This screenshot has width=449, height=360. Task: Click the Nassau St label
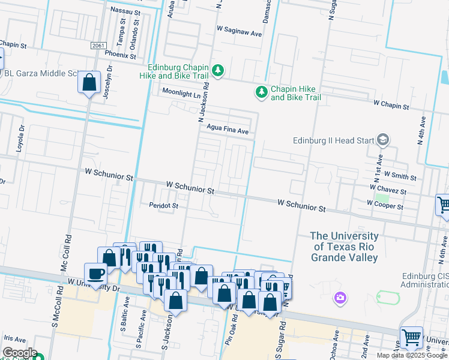coord(125,10)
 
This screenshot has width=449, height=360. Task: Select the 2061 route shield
coord(99,46)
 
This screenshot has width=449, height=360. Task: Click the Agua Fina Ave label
coord(227,130)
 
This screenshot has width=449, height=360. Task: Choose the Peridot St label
coord(164,206)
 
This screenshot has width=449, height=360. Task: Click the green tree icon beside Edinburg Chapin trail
coord(218,71)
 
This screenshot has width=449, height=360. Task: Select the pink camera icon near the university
coord(341,297)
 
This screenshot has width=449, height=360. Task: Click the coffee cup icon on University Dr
coord(95,274)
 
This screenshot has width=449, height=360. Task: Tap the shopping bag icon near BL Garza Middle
coord(89,82)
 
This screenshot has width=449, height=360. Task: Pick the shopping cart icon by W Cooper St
coord(444,205)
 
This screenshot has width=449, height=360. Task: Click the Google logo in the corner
coord(19,353)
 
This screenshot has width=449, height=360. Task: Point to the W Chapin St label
coord(391,104)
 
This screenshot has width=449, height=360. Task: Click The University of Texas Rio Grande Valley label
coord(345,247)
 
